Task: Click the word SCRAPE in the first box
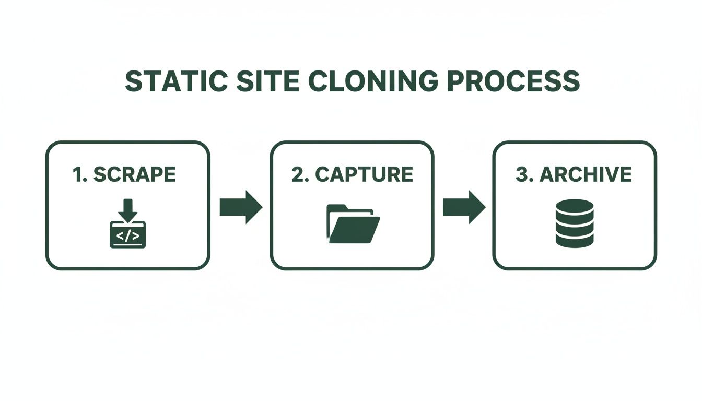coord(135,175)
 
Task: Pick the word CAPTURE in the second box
coord(365,175)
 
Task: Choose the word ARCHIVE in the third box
coord(586,175)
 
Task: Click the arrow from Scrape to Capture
coord(240,207)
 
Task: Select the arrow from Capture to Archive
coord(464,207)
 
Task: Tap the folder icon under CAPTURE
coord(353,225)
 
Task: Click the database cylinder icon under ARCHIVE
coord(575,223)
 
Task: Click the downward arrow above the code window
coord(127,209)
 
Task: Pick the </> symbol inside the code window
coord(127,236)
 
